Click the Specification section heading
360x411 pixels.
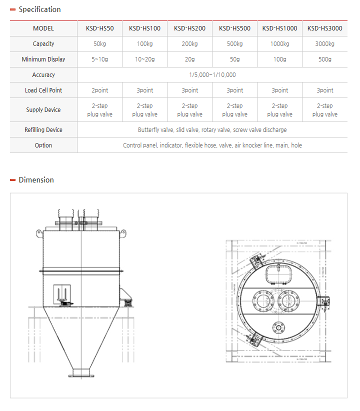39,9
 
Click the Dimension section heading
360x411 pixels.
36,180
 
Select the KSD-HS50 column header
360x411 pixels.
99,28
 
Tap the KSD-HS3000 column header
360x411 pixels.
324,28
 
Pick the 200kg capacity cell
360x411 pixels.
189,44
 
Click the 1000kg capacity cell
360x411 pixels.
279,44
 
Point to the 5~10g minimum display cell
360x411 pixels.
99,59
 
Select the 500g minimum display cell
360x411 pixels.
324,59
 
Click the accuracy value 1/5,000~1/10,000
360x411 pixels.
212,75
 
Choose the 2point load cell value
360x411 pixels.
99,90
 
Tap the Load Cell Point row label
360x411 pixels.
43,90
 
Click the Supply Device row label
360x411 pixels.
43,110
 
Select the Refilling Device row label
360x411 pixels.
43,130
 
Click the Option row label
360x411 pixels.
43,145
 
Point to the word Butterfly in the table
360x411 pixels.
149,130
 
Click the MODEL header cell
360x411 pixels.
43,28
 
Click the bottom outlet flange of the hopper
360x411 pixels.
80,372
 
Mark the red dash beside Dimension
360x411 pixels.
13,180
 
